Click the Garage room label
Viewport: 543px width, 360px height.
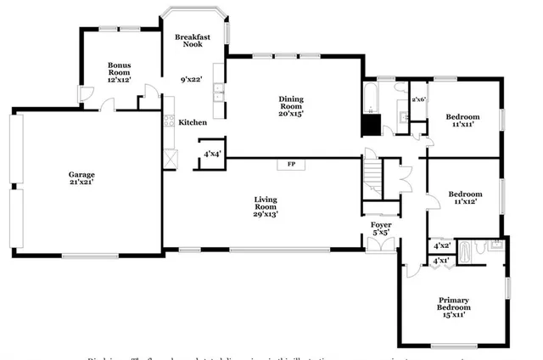[81, 177]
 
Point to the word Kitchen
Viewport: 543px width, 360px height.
[192, 122]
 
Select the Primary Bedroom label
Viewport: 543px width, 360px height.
[454, 307]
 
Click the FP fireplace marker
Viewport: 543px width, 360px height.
[291, 163]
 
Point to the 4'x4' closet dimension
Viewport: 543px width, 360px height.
[211, 154]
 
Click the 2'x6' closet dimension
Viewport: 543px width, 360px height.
[417, 99]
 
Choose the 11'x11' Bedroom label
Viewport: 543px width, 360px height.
[462, 120]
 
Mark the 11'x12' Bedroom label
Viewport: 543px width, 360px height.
[464, 197]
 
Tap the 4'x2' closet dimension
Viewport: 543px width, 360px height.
[441, 245]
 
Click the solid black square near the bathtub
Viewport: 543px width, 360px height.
[371, 124]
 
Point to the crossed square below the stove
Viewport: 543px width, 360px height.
[170, 158]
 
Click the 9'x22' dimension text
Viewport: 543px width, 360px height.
[191, 79]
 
